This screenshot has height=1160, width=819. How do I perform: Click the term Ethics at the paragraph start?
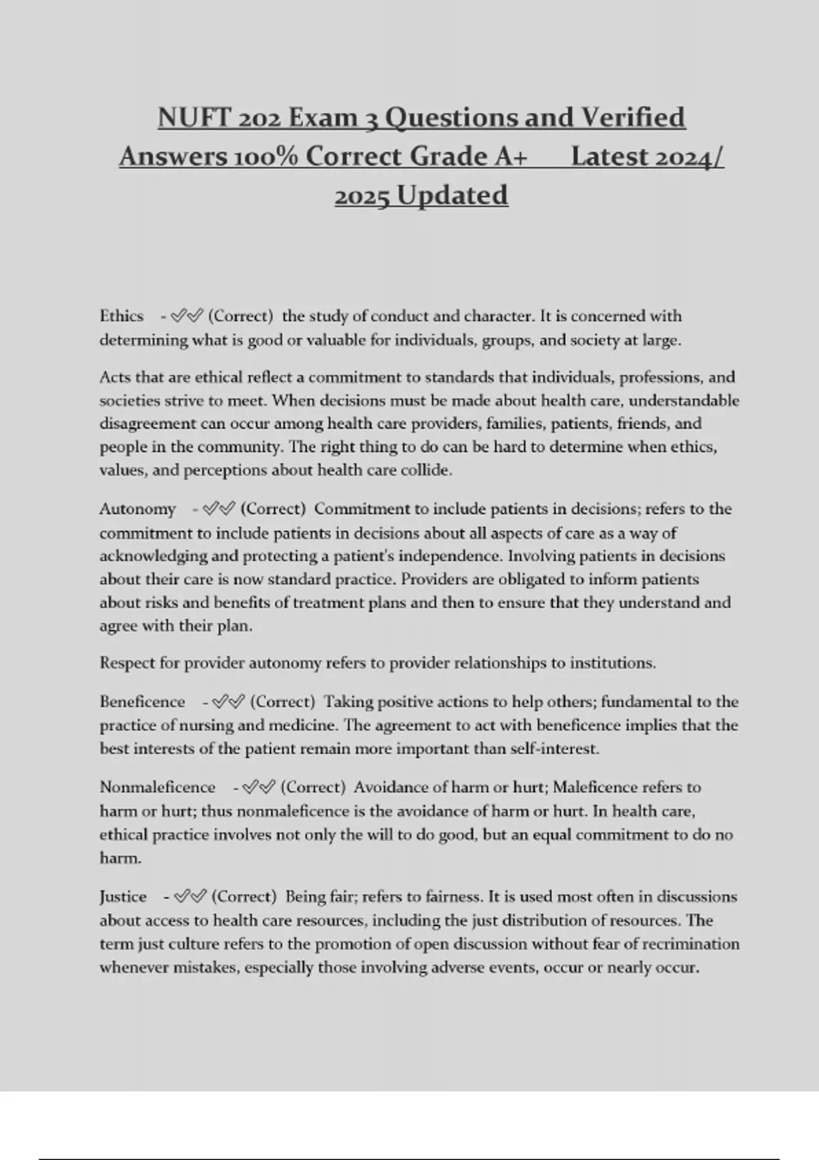(121, 316)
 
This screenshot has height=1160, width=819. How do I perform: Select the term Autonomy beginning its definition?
(137, 509)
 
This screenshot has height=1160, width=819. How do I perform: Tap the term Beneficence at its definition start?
(142, 701)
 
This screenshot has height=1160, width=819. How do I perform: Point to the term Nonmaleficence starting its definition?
(157, 787)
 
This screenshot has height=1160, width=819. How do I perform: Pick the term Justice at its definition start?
(123, 897)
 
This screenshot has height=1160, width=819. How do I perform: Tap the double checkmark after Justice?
(190, 897)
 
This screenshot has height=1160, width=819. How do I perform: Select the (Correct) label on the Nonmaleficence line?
(313, 787)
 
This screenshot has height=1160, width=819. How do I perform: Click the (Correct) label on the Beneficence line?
(283, 701)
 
